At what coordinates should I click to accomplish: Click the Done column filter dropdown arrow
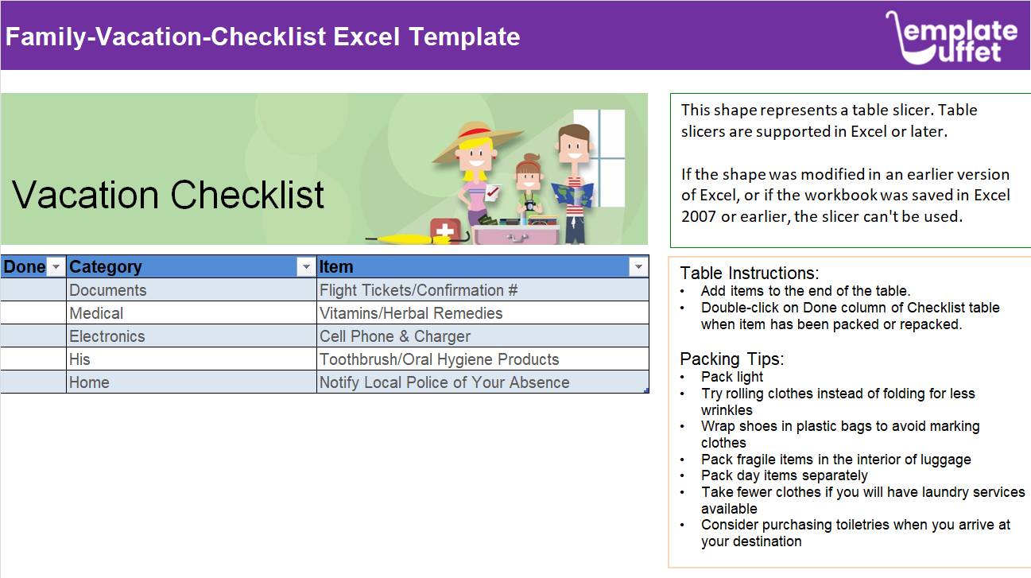(56, 267)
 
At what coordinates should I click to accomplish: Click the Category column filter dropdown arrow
(306, 267)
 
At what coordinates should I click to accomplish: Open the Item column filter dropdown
(638, 267)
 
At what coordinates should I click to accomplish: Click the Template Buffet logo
(951, 37)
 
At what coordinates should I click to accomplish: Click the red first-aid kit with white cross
(445, 229)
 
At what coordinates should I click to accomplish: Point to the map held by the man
(572, 194)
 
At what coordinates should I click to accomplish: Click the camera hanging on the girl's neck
(530, 206)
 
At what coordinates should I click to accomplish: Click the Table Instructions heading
(750, 273)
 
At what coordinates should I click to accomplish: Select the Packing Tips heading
(732, 359)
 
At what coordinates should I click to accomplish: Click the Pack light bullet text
(732, 377)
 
